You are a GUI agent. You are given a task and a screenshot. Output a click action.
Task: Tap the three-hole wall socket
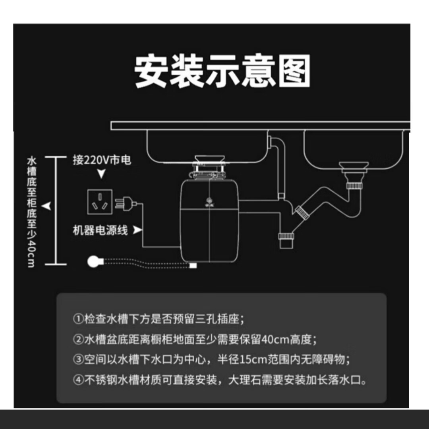99,202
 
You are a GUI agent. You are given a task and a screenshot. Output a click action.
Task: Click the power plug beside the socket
124,204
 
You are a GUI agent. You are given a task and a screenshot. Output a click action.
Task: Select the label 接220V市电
102,160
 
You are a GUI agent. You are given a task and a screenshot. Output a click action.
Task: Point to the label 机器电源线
100,230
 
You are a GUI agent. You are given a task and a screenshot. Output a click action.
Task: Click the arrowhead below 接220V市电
102,174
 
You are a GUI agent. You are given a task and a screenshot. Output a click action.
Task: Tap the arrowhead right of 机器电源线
137,230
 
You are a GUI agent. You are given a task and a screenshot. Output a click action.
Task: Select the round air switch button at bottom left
94,262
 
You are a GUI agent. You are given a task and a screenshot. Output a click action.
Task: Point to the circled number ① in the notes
78,319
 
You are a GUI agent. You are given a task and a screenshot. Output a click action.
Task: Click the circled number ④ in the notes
78,380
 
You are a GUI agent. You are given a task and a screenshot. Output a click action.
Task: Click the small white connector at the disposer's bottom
193,265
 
